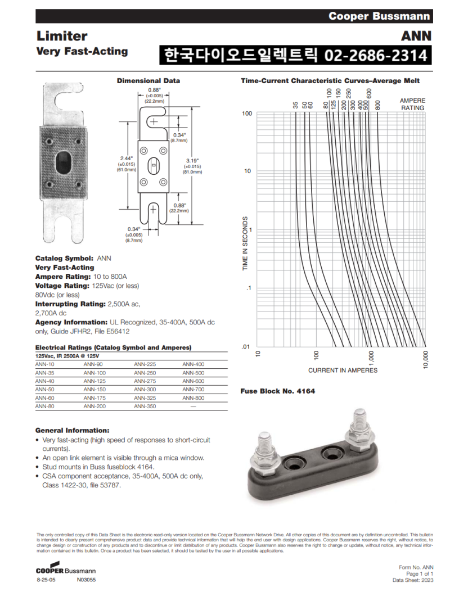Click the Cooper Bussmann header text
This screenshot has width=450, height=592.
379,16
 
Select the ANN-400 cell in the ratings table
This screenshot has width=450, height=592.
193,364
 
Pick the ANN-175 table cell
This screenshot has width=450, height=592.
94,397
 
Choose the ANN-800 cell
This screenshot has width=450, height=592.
193,397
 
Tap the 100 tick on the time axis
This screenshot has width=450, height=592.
246,114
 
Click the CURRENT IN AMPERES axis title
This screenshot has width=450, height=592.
343,370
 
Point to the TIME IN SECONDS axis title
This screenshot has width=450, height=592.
245,246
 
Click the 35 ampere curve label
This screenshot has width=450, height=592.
296,105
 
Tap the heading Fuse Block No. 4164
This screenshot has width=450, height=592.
277,391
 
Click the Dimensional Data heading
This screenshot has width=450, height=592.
148,81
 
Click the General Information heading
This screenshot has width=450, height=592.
72,430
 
